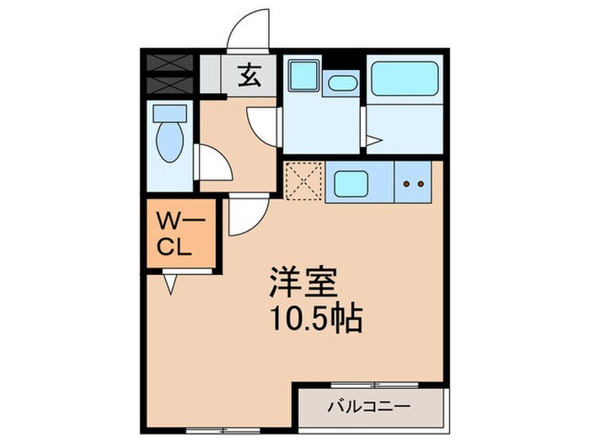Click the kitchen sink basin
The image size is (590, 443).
pos(358,181)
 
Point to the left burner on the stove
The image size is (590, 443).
pos(406,181)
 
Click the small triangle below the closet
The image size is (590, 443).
pos(171,285)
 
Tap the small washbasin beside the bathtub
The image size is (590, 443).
pos(341,84)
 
